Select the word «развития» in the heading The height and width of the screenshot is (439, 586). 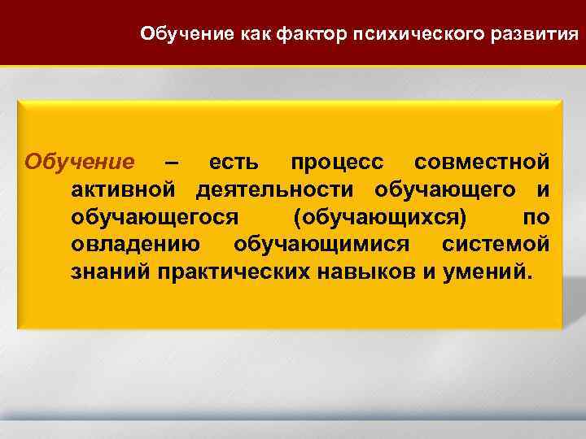[x=541, y=34]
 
